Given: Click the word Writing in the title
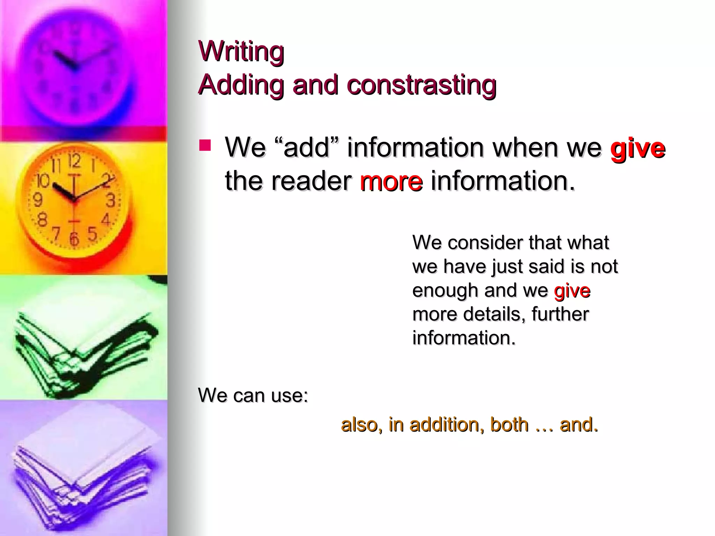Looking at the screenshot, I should click(241, 51).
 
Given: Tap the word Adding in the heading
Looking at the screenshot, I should click(241, 85).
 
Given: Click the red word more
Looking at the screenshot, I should click(391, 181).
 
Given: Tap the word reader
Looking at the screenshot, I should click(311, 181).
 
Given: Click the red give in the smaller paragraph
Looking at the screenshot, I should click(572, 290).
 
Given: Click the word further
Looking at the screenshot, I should click(560, 314).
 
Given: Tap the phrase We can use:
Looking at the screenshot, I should click(253, 395).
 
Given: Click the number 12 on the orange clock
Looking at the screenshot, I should click(74, 161).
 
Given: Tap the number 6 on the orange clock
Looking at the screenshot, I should click(74, 239).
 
